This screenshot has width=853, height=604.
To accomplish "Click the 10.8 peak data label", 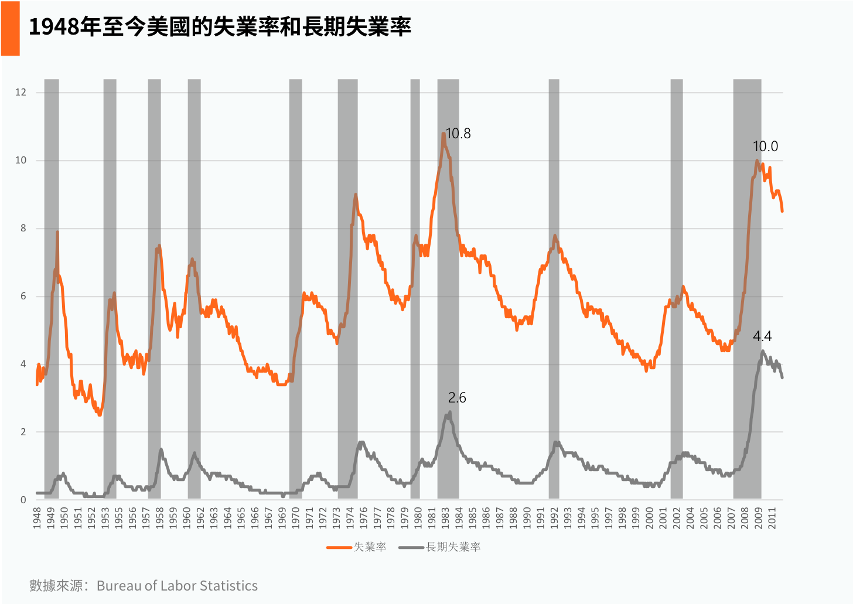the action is coord(458,134).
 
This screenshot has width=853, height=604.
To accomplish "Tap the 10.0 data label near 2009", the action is coord(765,146).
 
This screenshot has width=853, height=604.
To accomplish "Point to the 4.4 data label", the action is coord(762,336).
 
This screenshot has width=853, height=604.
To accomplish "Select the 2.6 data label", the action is coord(457,398).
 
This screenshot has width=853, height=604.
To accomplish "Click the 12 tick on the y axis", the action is coord(21,92).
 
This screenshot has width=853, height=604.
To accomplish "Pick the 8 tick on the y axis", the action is coord(23,228).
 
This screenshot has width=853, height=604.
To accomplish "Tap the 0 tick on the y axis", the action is coord(23,500).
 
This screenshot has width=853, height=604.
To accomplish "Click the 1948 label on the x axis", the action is coord(37,518).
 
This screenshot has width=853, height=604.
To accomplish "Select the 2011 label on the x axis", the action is coord(772,518).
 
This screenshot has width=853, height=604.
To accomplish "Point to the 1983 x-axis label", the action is coord(445,518).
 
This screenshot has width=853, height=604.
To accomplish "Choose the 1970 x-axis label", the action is coord(295,518).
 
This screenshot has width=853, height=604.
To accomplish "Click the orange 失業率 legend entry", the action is coord(356,547).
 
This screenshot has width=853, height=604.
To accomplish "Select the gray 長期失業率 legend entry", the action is coord(439,547).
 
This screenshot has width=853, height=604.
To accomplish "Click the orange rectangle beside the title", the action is coord(11,29).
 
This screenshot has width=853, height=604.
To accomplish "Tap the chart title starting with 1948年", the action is coord(220,27).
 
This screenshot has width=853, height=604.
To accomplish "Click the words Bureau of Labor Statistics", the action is coord(177,586).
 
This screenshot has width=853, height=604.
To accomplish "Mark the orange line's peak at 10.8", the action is coord(443,134).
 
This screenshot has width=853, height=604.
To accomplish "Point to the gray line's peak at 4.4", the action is coord(762,351).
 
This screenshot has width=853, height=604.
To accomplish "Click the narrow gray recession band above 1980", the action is coord(415,289).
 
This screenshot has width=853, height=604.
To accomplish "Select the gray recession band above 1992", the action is coord(554,289).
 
